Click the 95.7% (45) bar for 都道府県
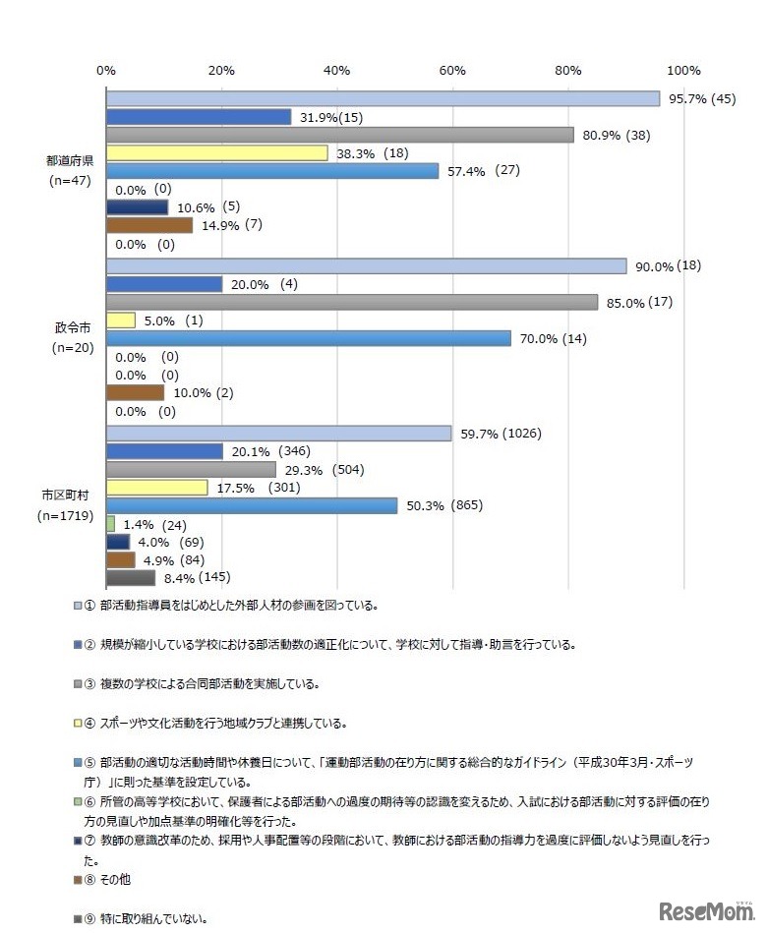[x=383, y=98]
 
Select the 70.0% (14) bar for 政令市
[x=308, y=338]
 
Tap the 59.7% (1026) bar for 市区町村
[x=278, y=434]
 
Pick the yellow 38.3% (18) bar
[x=216, y=153]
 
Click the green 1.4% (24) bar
[x=110, y=524]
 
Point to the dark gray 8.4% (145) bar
[x=130, y=578]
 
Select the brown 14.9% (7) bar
[x=148, y=226]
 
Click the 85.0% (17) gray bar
[x=351, y=302]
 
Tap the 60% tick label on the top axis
[x=452, y=70]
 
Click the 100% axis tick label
[x=683, y=70]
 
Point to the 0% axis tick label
[x=106, y=70]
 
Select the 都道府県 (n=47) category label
[x=70, y=171]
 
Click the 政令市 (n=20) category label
[x=70, y=338]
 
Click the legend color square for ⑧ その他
[x=78, y=879]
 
